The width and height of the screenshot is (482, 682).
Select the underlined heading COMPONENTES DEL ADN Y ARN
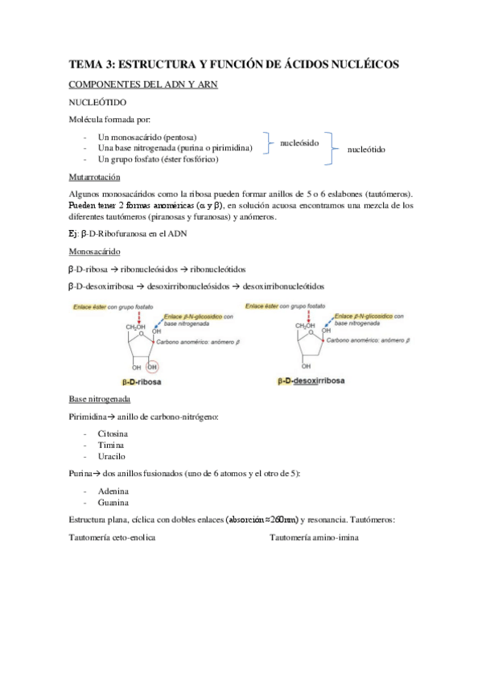point(142,84)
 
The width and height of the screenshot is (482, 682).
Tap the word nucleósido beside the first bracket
point(299,142)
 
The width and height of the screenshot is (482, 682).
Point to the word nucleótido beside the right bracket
point(366,149)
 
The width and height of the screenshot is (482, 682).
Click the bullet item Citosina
point(113,433)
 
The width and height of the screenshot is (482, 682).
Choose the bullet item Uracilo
point(112,455)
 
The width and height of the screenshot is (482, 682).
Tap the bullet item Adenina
point(113,491)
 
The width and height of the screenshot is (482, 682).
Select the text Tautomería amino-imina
point(315,536)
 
